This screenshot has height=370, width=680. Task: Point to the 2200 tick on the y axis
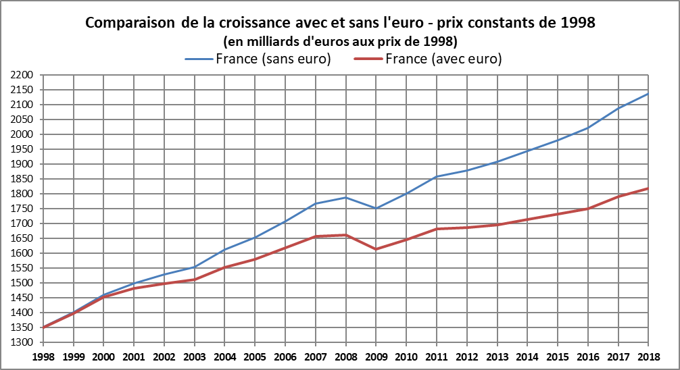(x=23, y=75)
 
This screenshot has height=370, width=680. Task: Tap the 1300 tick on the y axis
(x=23, y=342)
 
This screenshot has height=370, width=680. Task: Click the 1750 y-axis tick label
(x=23, y=209)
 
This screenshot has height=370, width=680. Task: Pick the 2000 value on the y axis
(x=23, y=134)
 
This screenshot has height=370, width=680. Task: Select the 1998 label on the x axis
(x=44, y=356)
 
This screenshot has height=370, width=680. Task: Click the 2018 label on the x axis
(x=648, y=356)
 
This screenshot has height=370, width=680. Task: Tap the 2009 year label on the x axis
(x=376, y=356)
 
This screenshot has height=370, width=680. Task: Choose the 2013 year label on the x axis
(x=497, y=356)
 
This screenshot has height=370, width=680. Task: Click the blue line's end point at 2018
(x=648, y=93)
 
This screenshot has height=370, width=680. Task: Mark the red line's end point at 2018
(x=648, y=188)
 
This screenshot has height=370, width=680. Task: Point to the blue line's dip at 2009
(x=376, y=208)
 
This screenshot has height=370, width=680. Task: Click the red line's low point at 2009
(x=376, y=249)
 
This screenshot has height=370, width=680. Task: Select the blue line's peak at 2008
(x=346, y=197)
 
